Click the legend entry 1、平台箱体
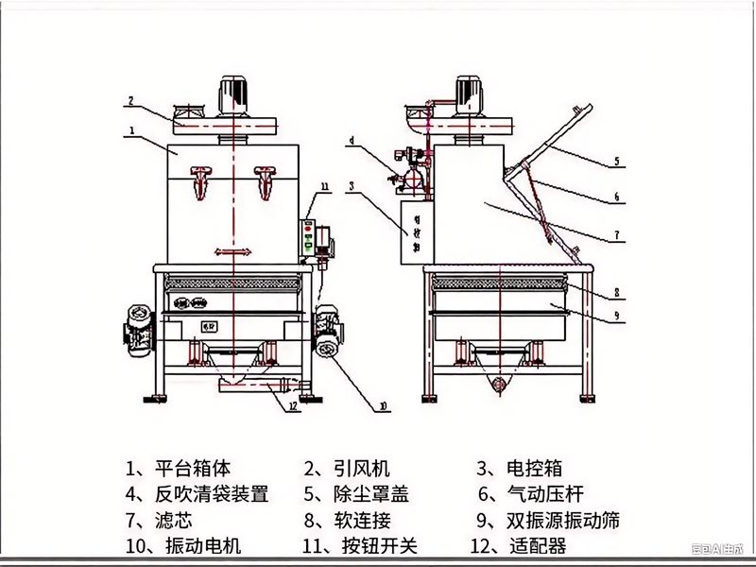point(178,468)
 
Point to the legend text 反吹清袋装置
point(212,493)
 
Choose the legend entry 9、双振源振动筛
point(548,520)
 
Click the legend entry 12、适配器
point(519,545)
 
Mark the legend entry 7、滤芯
point(160,520)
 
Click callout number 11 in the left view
point(323,189)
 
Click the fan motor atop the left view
point(232,93)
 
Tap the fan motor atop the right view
point(469,93)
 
